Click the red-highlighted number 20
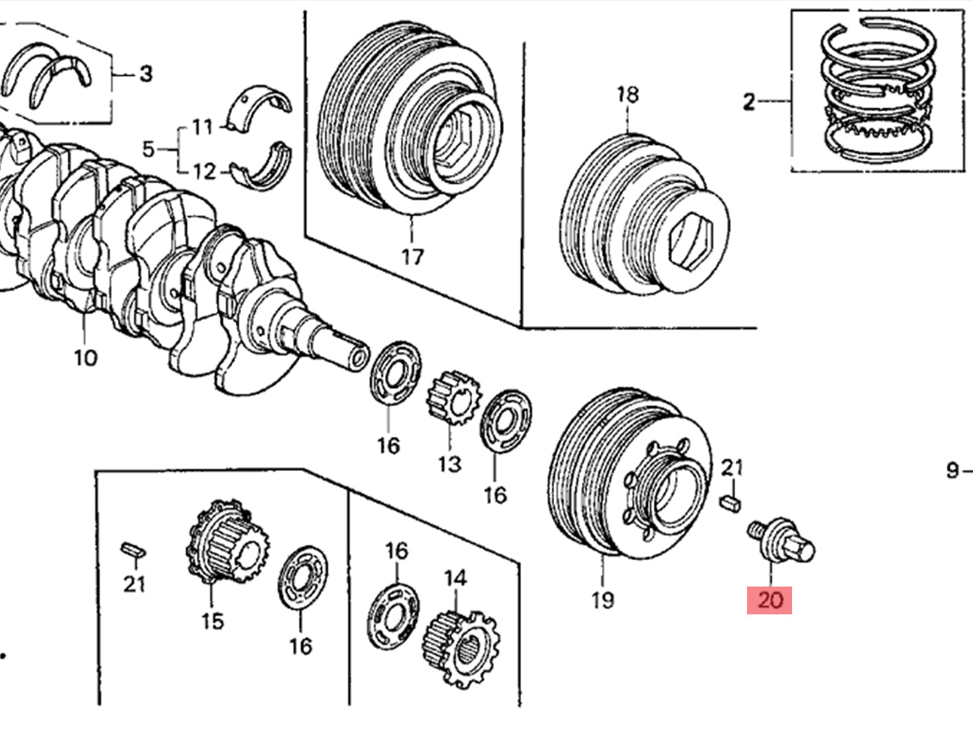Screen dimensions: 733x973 [770, 600]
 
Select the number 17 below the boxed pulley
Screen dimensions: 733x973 [412, 257]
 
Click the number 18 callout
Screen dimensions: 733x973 [628, 95]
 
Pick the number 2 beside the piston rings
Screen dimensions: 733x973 [749, 101]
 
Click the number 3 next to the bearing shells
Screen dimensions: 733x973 [146, 74]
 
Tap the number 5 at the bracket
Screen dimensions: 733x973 [148, 149]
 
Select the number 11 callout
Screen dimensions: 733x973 [202, 126]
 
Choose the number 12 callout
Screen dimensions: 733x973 [203, 172]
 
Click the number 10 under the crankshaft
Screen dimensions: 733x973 [86, 357]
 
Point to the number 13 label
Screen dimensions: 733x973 [449, 464]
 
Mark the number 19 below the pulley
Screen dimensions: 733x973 [602, 600]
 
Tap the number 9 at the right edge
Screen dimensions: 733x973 [953, 471]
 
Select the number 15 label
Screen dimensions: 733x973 [212, 621]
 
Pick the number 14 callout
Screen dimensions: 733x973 [455, 578]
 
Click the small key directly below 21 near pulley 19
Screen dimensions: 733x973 [731, 503]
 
